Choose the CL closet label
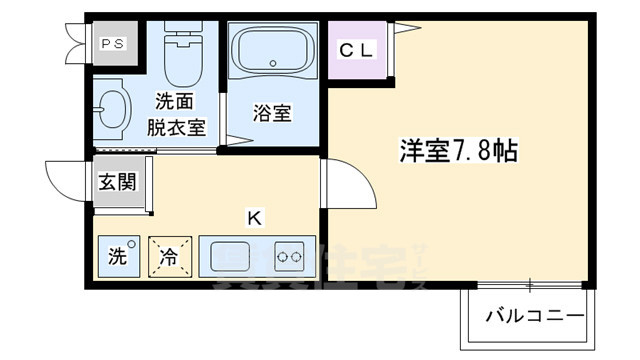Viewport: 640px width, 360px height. [357, 48]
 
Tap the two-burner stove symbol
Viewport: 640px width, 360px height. [290, 256]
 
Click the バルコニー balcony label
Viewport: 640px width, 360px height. [536, 317]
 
